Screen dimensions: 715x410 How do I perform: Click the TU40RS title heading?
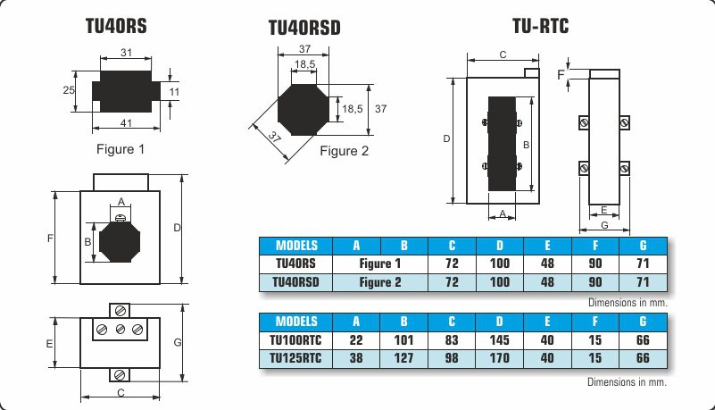116,26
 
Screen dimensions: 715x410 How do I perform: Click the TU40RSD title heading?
304,28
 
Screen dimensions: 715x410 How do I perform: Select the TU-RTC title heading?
540,26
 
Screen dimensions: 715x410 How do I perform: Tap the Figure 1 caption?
121,149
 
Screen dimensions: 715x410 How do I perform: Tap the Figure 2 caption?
344,151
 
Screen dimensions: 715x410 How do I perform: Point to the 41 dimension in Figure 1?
127,123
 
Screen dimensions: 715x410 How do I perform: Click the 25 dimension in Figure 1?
69,90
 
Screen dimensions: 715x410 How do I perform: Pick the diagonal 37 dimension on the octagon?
275,137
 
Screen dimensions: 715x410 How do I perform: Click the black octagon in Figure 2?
303,110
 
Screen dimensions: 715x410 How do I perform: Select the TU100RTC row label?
295,340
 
